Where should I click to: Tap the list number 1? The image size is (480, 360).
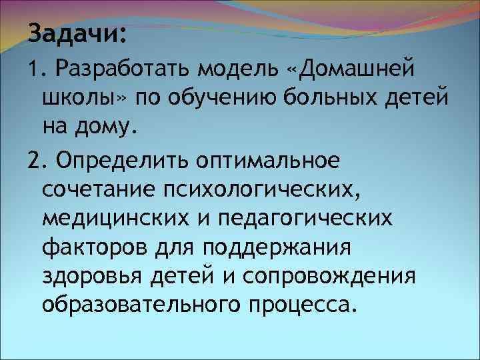click(x=35, y=67)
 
